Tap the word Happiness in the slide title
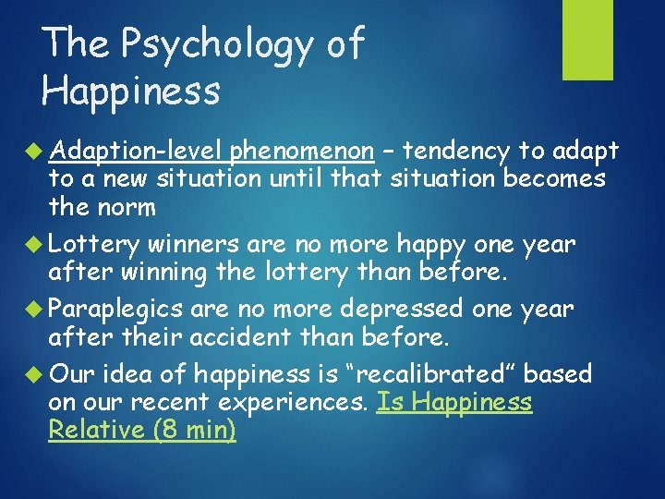coord(131,91)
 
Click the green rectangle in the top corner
coord(588,39)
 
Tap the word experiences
coord(295,403)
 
